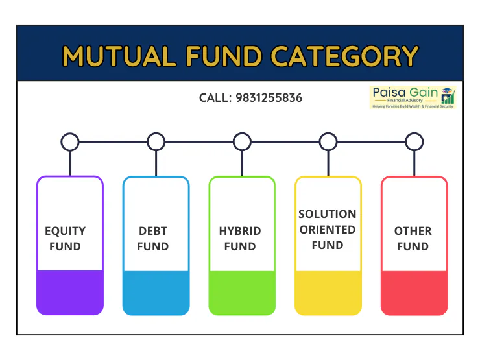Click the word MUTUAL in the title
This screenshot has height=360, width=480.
tap(119, 56)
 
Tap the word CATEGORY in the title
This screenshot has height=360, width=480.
tap(344, 56)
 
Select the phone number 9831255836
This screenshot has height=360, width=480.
tap(269, 98)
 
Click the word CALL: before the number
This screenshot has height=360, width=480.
tap(215, 98)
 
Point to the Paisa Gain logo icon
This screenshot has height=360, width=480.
tap(448, 95)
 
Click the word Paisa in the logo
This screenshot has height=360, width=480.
tap(389, 92)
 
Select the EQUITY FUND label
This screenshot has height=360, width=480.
tap(66, 239)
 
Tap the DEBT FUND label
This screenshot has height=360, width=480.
tap(152, 239)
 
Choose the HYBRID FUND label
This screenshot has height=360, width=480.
tap(240, 239)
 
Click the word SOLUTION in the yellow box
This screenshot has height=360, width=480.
tap(328, 214)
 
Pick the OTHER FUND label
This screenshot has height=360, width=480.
tap(413, 239)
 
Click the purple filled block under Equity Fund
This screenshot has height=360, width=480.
tap(70, 293)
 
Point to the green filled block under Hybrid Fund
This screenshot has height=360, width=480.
tap(242, 293)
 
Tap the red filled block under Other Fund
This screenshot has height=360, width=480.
tap(414, 293)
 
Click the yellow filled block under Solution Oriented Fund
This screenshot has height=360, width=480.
tap(328, 293)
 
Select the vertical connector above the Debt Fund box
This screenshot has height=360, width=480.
tap(156, 163)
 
